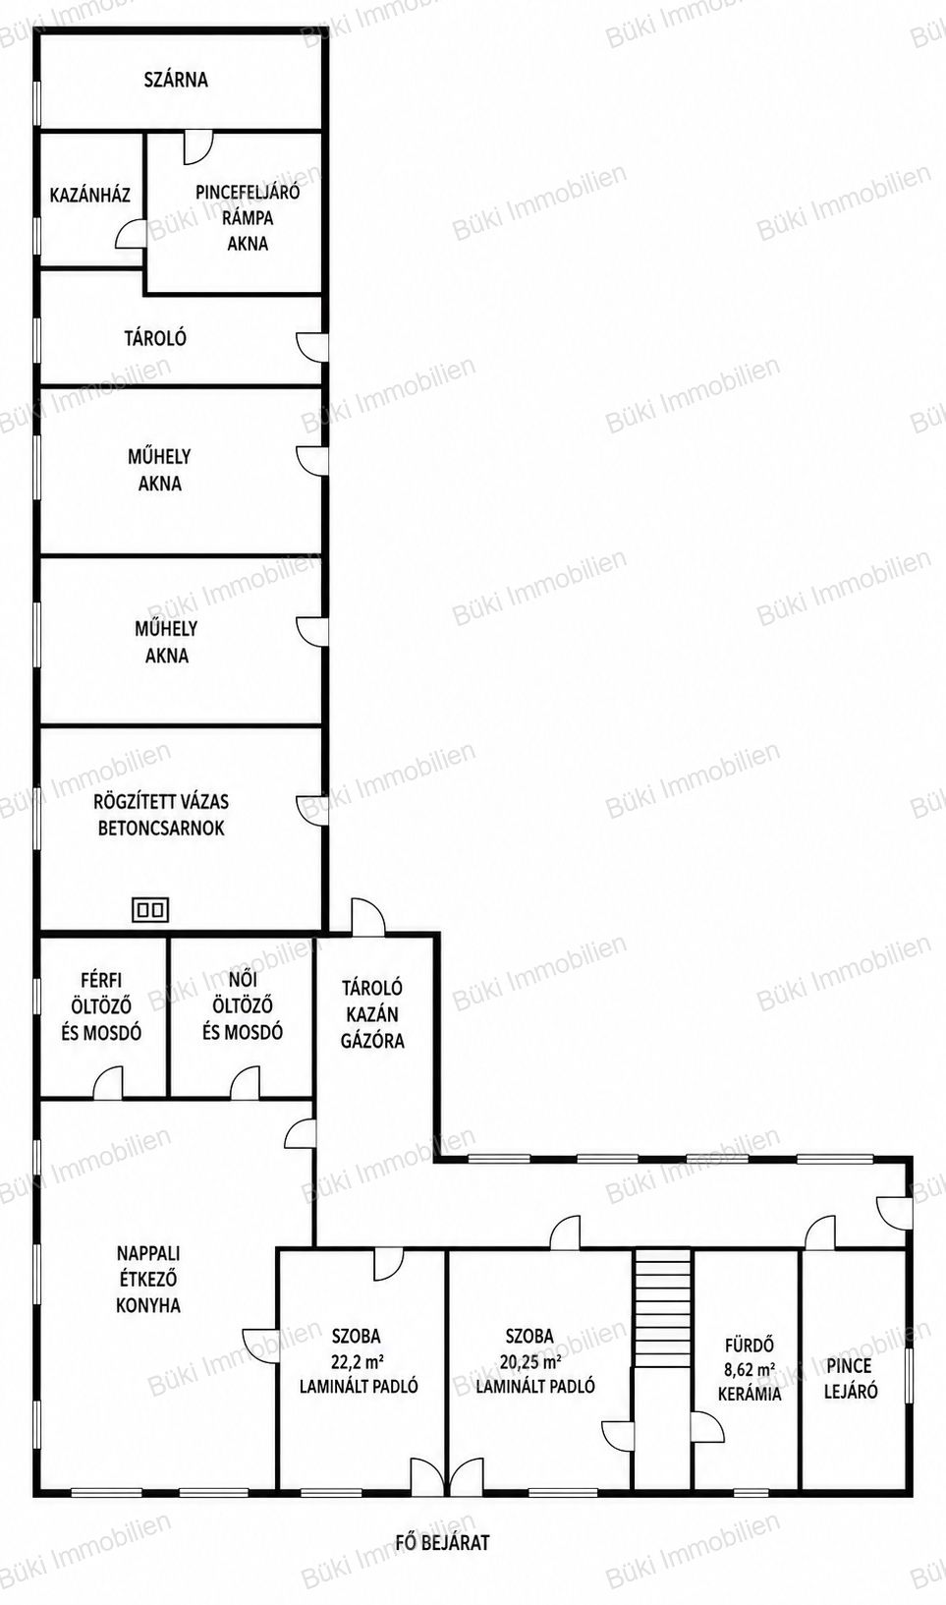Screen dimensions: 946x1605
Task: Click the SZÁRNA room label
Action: click(x=176, y=79)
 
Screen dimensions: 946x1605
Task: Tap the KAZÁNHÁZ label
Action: click(x=90, y=195)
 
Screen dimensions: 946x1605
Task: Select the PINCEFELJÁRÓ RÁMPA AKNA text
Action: click(x=248, y=218)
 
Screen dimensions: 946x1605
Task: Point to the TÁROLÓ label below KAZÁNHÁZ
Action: click(x=155, y=338)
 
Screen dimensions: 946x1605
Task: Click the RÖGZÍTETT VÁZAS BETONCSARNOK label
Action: click(x=161, y=815)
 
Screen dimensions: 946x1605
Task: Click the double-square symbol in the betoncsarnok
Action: click(x=150, y=910)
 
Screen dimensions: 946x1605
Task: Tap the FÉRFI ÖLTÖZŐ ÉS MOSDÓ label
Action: click(x=101, y=1006)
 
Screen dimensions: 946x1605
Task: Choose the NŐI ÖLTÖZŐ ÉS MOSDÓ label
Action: click(x=242, y=1006)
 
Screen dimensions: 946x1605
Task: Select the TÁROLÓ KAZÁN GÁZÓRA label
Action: click(x=372, y=1014)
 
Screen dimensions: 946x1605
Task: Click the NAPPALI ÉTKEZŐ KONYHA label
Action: click(x=148, y=1279)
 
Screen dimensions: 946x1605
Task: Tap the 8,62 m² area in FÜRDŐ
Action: click(x=750, y=1369)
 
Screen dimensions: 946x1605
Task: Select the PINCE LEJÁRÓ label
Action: click(x=851, y=1378)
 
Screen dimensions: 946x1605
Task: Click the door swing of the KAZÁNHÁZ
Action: click(x=131, y=234)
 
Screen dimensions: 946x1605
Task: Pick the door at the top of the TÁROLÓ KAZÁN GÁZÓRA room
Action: click(x=367, y=916)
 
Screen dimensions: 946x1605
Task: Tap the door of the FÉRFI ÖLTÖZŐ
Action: click(x=108, y=1083)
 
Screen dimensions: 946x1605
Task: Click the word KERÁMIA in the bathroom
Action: click(x=750, y=1395)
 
